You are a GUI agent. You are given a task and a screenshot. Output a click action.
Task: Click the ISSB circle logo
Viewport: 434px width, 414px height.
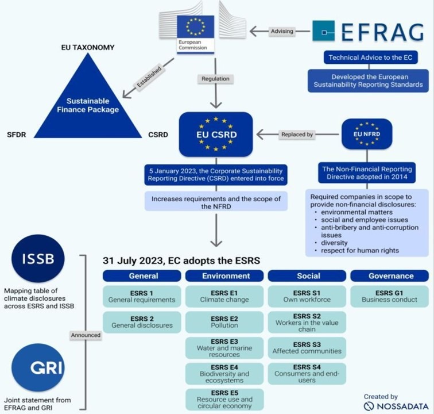[38, 258]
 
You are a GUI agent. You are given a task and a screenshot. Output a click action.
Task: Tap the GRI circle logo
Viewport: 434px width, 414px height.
[38, 367]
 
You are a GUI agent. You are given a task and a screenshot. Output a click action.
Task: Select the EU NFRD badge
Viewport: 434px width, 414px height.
[367, 134]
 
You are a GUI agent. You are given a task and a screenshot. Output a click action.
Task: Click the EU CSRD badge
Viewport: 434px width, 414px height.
[216, 135]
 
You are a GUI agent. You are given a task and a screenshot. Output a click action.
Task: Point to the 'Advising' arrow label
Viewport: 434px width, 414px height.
[282, 31]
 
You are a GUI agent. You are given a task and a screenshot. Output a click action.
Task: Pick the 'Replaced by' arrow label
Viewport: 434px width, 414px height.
[297, 135]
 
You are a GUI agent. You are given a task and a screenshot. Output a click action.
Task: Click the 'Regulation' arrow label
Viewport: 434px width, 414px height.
[215, 79]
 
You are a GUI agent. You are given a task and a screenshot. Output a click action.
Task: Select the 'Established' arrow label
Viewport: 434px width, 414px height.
[149, 77]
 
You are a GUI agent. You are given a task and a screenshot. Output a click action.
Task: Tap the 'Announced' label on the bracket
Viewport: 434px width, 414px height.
[86, 335]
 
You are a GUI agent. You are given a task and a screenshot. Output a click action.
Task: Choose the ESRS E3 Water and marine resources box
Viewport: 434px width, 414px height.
[224, 348]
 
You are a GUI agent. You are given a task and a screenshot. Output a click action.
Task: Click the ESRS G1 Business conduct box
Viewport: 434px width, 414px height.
[389, 297]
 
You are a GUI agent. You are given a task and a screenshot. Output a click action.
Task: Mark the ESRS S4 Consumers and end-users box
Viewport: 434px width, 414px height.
[307, 374]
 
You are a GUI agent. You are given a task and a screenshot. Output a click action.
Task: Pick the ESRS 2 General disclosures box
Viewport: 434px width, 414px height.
[142, 322]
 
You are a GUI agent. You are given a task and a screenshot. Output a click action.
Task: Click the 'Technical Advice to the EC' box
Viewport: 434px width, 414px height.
[371, 57]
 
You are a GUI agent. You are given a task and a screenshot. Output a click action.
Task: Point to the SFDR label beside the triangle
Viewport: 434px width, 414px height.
[16, 135]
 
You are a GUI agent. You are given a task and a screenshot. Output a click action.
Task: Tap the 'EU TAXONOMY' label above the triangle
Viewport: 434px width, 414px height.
[88, 47]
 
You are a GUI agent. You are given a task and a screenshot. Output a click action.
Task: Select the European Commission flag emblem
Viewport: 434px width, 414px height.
[195, 26]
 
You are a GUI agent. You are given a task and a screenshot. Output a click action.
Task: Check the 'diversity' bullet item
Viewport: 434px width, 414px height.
[334, 243]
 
